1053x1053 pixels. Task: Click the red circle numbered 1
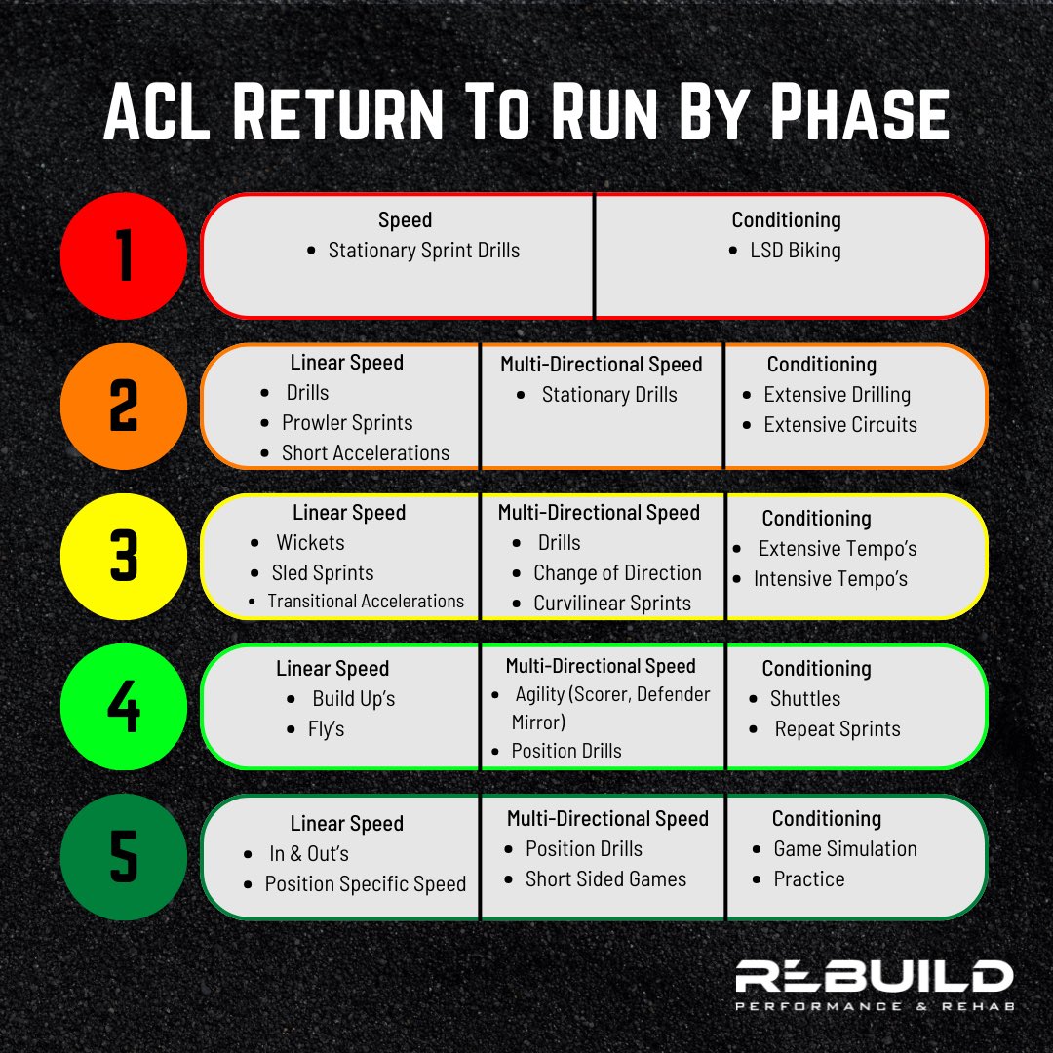(123, 255)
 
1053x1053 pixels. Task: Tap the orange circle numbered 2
(123, 407)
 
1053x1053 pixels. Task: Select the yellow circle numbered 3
(123, 557)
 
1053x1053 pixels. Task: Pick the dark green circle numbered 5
(123, 857)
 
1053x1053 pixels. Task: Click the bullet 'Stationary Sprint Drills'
(423, 251)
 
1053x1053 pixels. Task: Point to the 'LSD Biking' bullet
(795, 251)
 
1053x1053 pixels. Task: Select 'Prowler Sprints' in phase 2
(347, 423)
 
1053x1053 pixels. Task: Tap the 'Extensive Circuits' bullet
(839, 425)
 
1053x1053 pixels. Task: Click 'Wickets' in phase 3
(310, 543)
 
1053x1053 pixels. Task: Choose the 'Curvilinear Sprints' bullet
(611, 604)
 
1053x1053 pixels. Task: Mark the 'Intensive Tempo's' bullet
(830, 579)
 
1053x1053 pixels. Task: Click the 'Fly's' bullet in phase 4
(326, 729)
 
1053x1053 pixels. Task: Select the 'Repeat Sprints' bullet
(837, 729)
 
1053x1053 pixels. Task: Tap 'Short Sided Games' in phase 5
(605, 879)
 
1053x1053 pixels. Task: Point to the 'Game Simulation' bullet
(844, 849)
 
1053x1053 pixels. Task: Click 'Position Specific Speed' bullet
(365, 884)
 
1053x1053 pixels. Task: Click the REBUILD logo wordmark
(873, 977)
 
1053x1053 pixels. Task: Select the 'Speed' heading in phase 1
(405, 220)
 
